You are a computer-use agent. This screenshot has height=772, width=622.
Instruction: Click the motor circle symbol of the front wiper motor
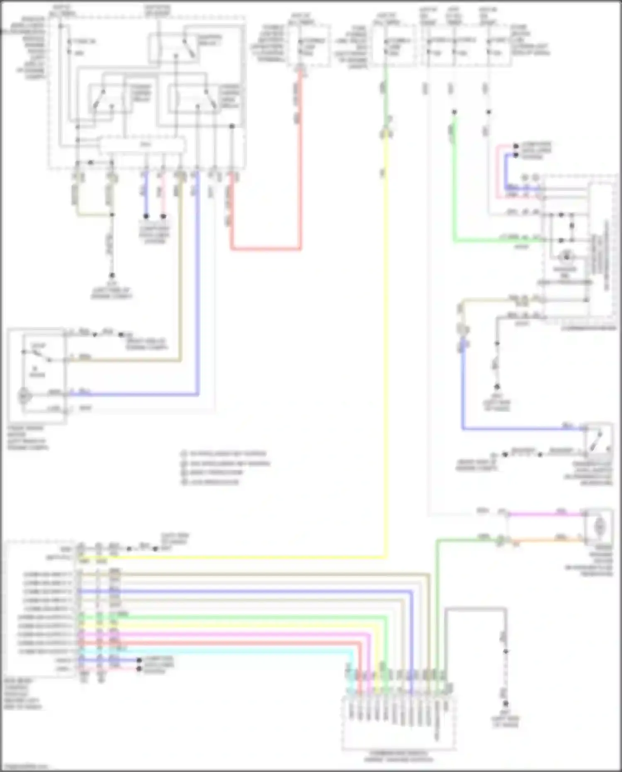point(24,396)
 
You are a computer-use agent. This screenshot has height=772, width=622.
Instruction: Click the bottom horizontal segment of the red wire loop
point(265,249)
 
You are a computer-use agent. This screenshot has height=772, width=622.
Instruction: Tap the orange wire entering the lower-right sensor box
point(547,540)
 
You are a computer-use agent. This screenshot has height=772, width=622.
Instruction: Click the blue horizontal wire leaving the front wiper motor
point(133,394)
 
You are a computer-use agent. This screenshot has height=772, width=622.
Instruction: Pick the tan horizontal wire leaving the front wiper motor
point(124,360)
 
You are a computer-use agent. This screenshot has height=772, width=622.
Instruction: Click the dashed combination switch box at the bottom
point(398,724)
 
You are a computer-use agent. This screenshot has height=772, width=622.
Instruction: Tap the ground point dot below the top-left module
point(112,275)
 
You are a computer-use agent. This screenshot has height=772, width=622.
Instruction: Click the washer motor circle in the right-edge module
point(566,257)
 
